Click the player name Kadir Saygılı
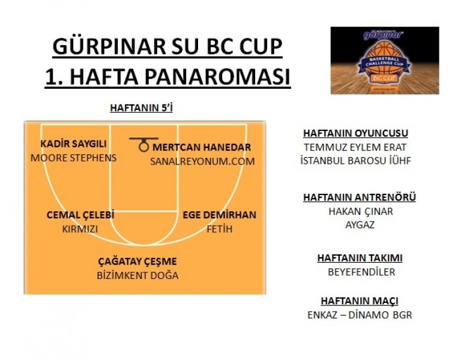73,144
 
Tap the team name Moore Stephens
74,158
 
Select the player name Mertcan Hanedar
202,148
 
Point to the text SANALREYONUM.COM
202,161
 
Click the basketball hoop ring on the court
144,147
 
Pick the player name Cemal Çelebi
80,215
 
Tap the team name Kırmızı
80,229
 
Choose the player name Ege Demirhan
219,215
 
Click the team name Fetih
220,229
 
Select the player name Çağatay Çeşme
137,262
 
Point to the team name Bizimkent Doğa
137,275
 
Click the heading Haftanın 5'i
142,108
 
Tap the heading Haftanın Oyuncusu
356,133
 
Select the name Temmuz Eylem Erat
355,148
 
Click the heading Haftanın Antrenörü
360,197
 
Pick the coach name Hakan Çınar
361,212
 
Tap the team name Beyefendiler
361,272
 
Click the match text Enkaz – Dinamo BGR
360,315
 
